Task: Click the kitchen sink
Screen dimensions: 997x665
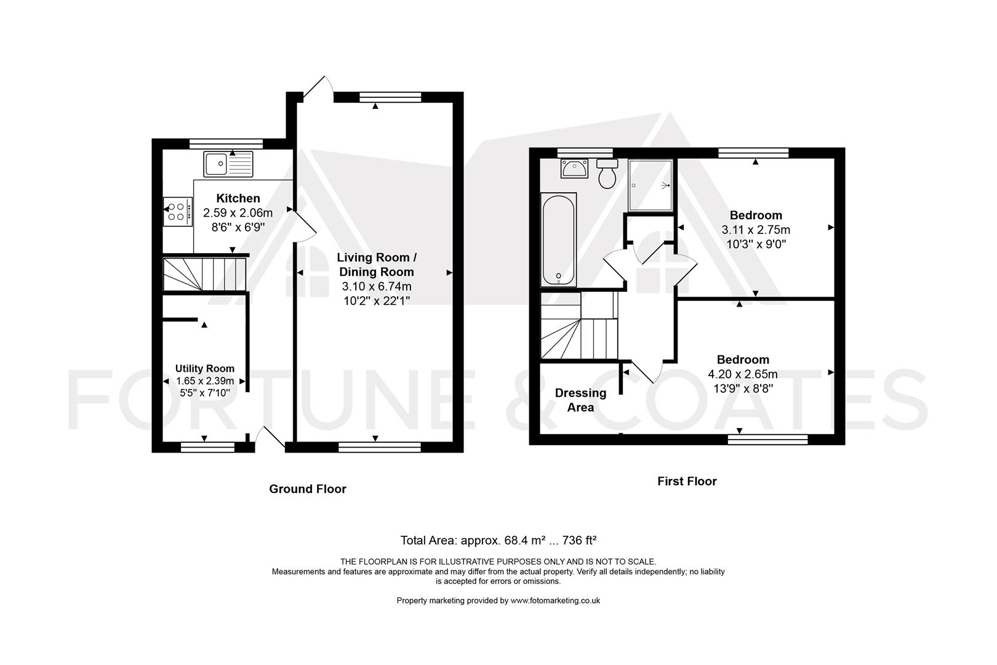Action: [228, 164]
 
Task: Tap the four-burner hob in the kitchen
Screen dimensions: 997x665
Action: [178, 212]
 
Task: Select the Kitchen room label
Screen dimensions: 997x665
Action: [238, 198]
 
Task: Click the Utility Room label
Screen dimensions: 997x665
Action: [205, 368]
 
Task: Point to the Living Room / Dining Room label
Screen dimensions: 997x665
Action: [377, 265]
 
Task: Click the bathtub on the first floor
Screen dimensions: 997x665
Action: [559, 239]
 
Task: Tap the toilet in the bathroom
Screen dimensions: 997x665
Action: [607, 173]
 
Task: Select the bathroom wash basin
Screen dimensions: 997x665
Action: [574, 168]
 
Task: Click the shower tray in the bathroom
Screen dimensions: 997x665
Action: [651, 185]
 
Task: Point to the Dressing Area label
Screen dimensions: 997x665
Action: [580, 400]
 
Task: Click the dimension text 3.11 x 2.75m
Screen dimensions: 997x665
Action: [756, 230]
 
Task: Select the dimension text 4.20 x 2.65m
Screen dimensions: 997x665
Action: [743, 374]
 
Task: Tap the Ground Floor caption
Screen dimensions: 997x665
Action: [308, 489]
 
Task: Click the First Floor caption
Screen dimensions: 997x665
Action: [687, 481]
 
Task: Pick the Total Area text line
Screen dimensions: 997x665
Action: [499, 540]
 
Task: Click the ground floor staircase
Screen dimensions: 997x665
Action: [205, 274]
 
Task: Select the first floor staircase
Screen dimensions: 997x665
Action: [579, 326]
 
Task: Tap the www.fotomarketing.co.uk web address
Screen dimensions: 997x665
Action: [555, 600]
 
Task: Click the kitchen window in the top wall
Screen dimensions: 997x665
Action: [226, 144]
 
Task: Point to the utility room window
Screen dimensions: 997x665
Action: [207, 447]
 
